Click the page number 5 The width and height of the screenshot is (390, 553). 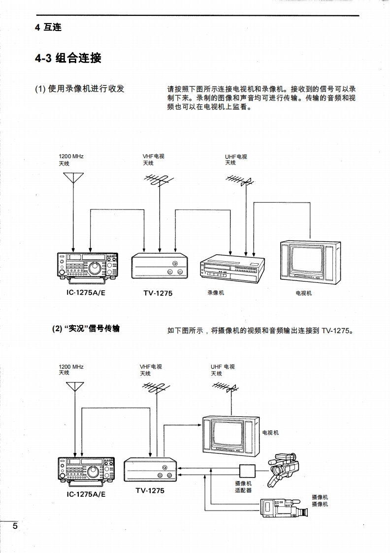click(15, 526)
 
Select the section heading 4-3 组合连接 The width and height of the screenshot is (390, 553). click(68, 58)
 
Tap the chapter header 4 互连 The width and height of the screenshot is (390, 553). click(48, 28)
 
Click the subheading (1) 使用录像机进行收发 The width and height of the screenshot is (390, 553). click(79, 89)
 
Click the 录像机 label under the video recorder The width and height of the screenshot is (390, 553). click(216, 293)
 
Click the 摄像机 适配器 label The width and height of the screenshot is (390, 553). click(243, 487)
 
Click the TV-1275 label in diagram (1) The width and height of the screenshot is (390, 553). click(158, 293)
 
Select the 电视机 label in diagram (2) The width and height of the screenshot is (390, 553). click(270, 433)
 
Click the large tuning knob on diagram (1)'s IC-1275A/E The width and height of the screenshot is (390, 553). click(93, 268)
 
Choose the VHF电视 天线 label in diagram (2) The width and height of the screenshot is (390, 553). click(151, 370)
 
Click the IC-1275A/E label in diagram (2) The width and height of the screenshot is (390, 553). click(86, 493)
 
